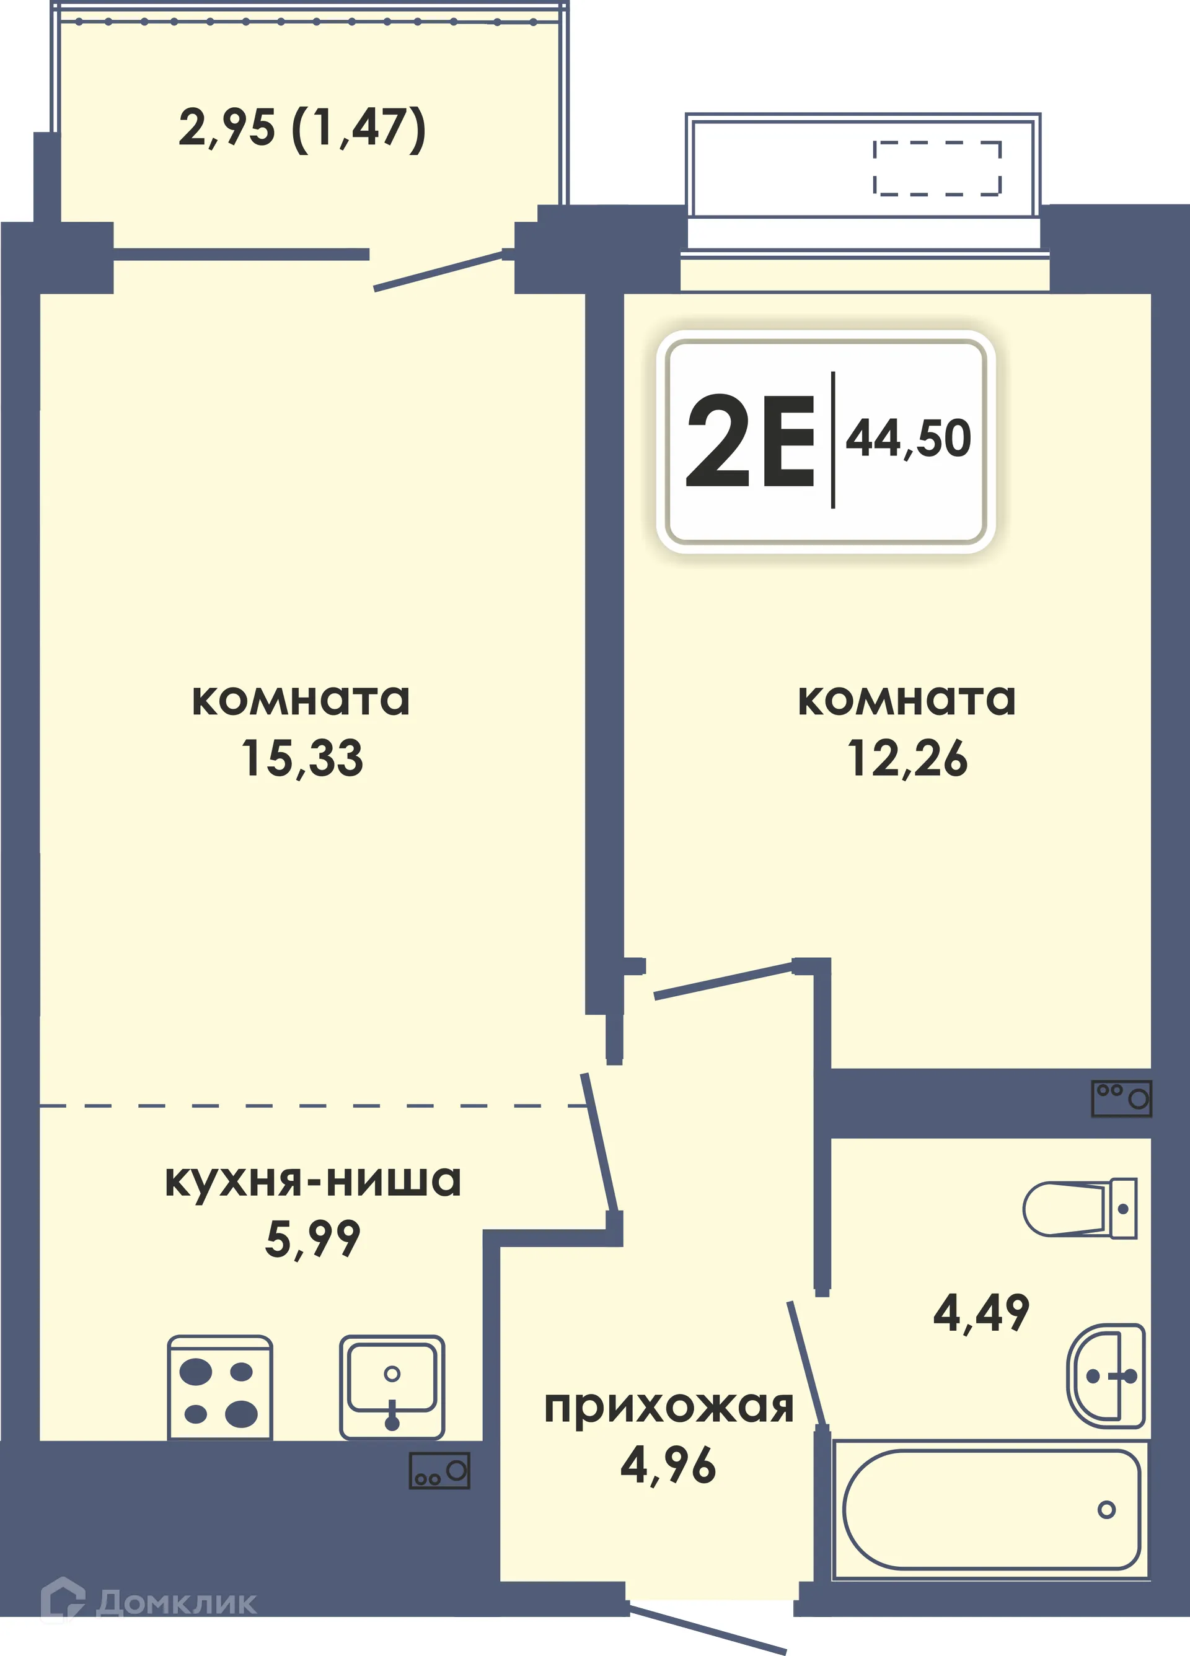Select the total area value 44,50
(908, 439)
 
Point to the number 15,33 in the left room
(302, 758)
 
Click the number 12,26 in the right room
(907, 758)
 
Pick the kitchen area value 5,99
(312, 1238)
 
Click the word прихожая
(668, 1407)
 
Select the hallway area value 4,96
(668, 1465)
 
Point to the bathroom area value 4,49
(981, 1312)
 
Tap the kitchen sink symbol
(392, 1387)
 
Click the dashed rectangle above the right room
(937, 169)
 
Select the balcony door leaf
(438, 271)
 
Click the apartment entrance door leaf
(707, 1628)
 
